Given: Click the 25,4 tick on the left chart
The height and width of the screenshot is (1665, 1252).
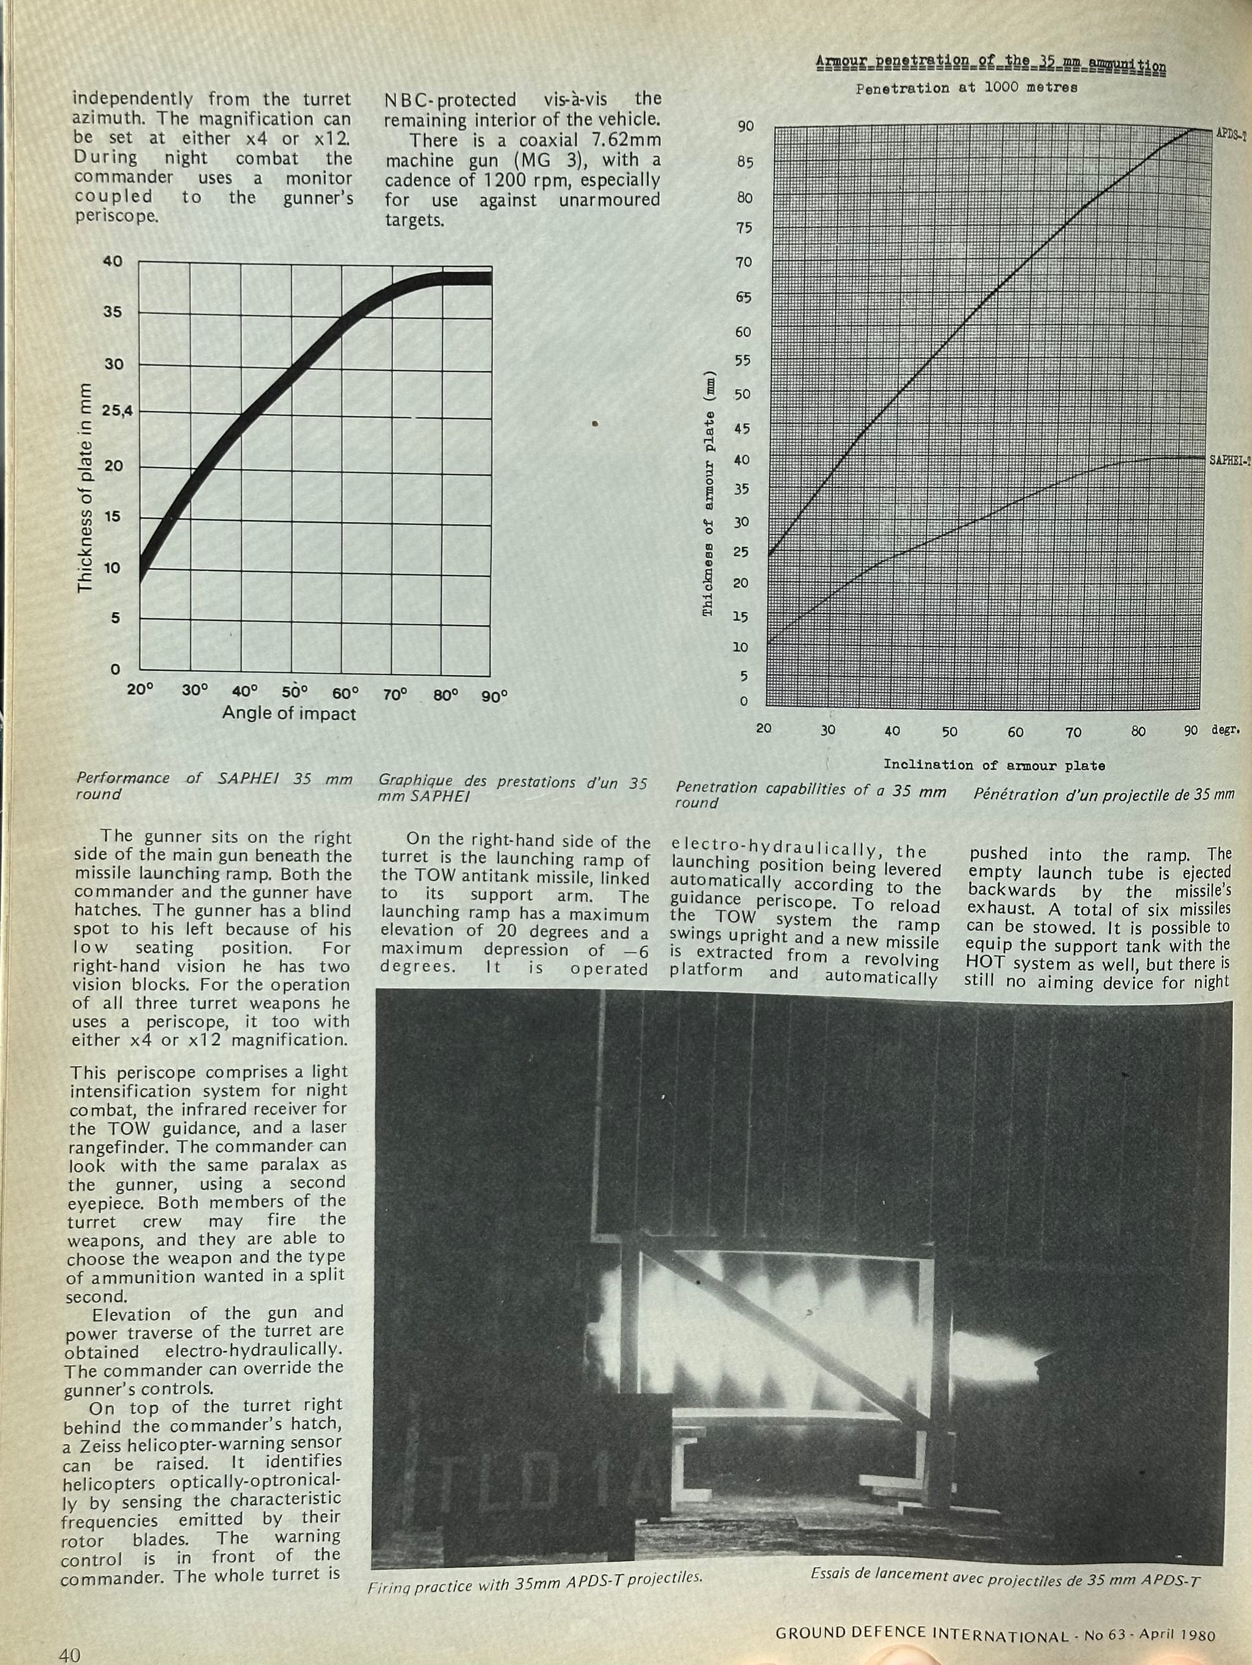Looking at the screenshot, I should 116,412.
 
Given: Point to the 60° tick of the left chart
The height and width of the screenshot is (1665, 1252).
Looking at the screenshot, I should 345,692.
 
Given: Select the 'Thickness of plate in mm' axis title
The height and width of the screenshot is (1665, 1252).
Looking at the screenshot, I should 85,487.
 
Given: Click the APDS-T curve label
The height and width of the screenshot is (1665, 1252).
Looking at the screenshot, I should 1231,135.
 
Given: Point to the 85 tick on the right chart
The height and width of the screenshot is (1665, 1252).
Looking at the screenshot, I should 744,162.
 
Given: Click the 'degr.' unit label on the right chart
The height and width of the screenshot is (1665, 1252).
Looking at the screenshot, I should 1226,730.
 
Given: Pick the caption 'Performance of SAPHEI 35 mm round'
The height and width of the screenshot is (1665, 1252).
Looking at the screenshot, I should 214,786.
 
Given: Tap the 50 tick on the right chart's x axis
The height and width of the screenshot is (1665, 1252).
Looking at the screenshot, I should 950,731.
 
